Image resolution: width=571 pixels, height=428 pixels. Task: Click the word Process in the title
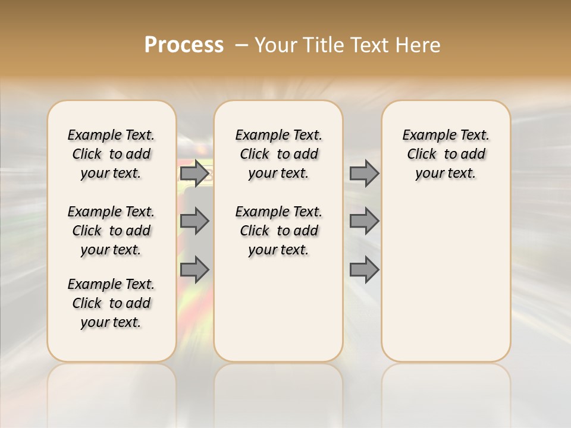click(x=184, y=45)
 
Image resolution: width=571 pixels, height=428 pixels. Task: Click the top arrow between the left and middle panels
click(x=194, y=173)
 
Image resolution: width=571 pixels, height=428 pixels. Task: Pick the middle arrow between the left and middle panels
click(x=194, y=221)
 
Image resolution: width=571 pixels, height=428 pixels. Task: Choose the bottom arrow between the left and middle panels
click(x=194, y=269)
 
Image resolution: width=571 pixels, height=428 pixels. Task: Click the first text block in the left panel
click(x=111, y=154)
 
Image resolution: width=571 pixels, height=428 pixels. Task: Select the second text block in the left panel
click(x=111, y=231)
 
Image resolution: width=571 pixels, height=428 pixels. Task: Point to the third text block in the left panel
click(x=111, y=303)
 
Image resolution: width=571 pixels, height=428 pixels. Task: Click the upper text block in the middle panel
click(x=278, y=154)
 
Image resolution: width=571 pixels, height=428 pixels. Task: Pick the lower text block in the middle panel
click(x=278, y=231)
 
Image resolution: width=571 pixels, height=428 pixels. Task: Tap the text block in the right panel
click(x=445, y=154)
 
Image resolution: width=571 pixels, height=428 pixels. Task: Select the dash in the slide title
click(x=241, y=45)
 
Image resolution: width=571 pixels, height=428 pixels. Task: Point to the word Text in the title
click(x=371, y=45)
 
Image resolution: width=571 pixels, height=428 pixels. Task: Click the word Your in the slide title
click(x=274, y=45)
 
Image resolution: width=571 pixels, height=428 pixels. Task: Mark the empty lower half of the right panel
click(x=445, y=279)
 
